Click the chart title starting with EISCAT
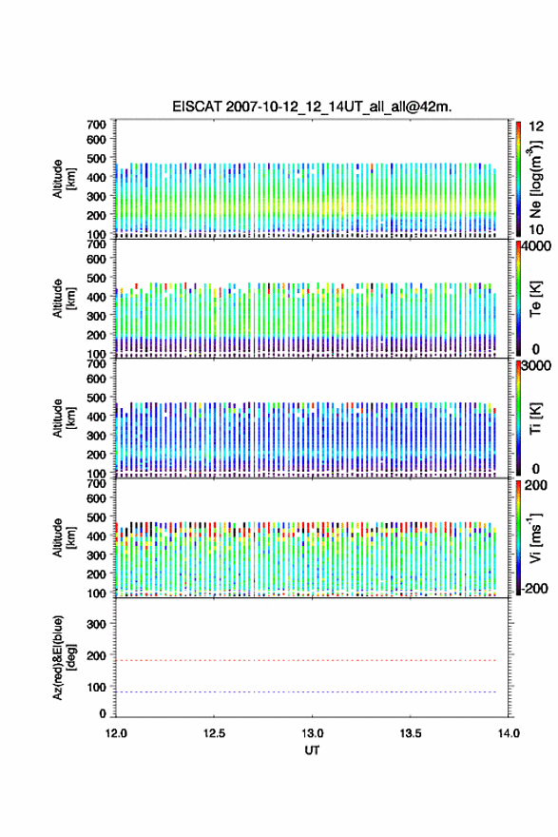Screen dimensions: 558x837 click(x=312, y=107)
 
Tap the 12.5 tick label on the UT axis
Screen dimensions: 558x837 click(x=214, y=733)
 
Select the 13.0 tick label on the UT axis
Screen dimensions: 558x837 click(x=312, y=733)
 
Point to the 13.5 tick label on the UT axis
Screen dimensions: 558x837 click(x=411, y=733)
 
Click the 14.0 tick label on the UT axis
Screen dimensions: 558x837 click(x=509, y=733)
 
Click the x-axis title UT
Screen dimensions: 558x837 click(x=312, y=750)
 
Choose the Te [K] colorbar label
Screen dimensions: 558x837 click(x=535, y=299)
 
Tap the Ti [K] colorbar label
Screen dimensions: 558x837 click(x=535, y=418)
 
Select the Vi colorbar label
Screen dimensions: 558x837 click(x=535, y=537)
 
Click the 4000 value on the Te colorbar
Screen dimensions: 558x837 click(x=535, y=246)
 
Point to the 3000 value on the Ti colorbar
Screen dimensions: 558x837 click(x=535, y=365)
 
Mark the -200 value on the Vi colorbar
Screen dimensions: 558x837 click(x=533, y=588)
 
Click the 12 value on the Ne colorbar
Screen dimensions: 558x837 click(x=536, y=127)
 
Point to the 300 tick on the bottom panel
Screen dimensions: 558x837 click(x=97, y=624)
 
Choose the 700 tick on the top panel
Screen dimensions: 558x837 click(x=97, y=125)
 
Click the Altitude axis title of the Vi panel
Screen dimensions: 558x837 click(x=64, y=537)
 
